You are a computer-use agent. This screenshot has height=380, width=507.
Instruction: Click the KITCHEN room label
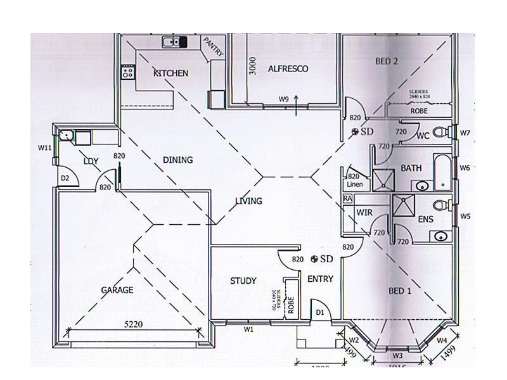pyautogui.click(x=170, y=73)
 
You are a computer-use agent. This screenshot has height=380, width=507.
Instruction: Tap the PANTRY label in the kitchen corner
pyautogui.click(x=212, y=47)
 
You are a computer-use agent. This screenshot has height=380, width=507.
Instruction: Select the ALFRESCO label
pyautogui.click(x=288, y=68)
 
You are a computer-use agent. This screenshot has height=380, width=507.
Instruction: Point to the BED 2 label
pyautogui.click(x=386, y=61)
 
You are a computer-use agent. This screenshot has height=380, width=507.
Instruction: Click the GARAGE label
pyautogui.click(x=117, y=290)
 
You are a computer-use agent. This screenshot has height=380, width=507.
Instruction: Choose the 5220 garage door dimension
pyautogui.click(x=134, y=323)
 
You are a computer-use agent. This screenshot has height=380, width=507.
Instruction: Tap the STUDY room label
pyautogui.click(x=243, y=281)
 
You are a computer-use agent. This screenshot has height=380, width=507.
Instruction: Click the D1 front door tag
pyautogui.click(x=320, y=312)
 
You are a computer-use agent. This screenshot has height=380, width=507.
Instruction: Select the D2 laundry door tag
pyautogui.click(x=65, y=179)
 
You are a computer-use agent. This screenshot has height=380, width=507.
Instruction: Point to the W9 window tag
pyautogui.click(x=284, y=99)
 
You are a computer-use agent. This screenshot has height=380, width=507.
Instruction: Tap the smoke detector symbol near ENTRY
pyautogui.click(x=315, y=259)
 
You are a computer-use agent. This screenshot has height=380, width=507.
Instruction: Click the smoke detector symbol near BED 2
pyautogui.click(x=355, y=132)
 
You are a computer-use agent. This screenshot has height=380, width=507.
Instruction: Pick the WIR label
pyautogui.click(x=364, y=213)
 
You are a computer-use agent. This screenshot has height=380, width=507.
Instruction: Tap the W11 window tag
pyautogui.click(x=44, y=148)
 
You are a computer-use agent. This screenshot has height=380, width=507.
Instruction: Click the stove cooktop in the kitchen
pyautogui.click(x=127, y=72)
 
